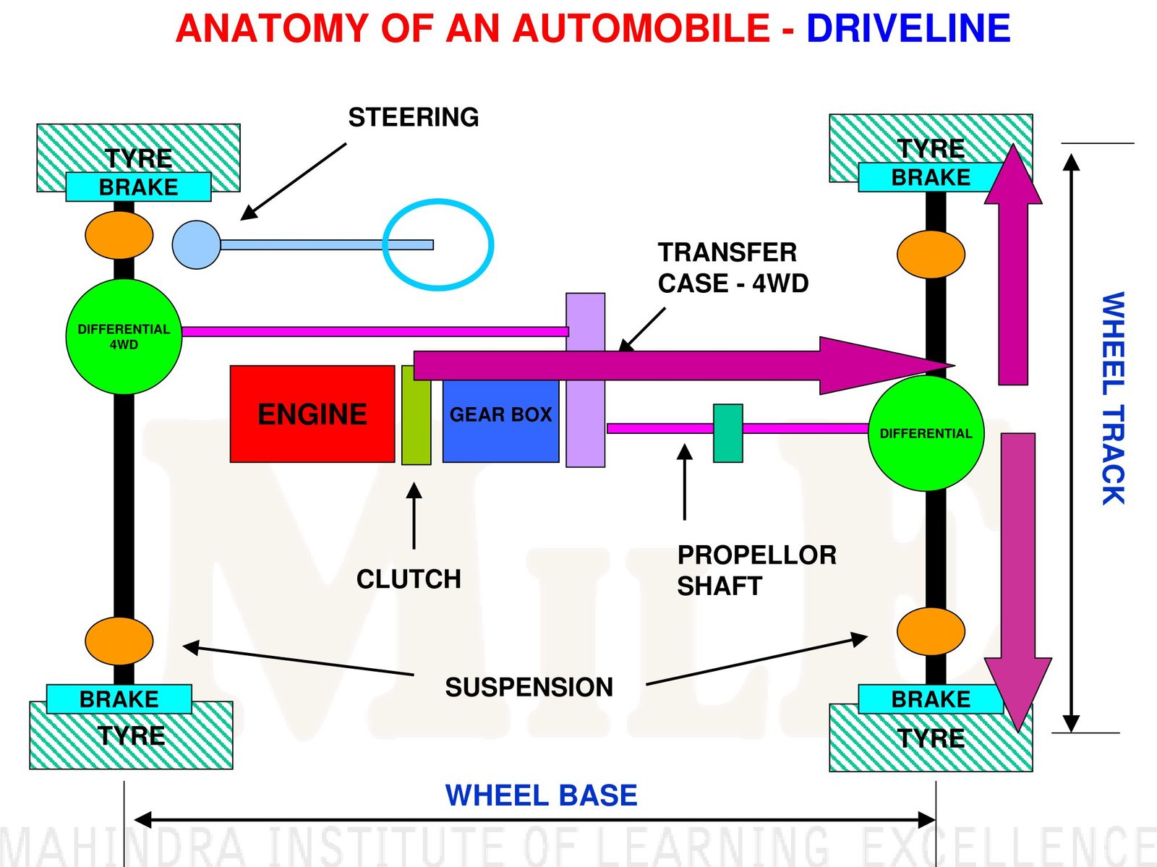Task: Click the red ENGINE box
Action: coord(312,414)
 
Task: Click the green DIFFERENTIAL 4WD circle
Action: coord(124,337)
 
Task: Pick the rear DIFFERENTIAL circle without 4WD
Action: coord(926,434)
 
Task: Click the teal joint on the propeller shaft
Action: coord(727,433)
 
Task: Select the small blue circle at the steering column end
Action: coord(196,245)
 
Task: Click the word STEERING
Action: coord(413,117)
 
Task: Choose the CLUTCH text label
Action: coord(409,579)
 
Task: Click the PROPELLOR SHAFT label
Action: coord(756,571)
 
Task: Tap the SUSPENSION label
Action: coord(529,687)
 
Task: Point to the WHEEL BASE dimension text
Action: coord(541,795)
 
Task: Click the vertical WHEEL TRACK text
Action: coord(1113,398)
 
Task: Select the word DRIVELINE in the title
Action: coord(908,29)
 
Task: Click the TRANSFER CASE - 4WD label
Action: coord(732,268)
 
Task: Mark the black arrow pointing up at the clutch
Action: coord(414,516)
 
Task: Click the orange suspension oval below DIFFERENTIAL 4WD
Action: coord(119,641)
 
